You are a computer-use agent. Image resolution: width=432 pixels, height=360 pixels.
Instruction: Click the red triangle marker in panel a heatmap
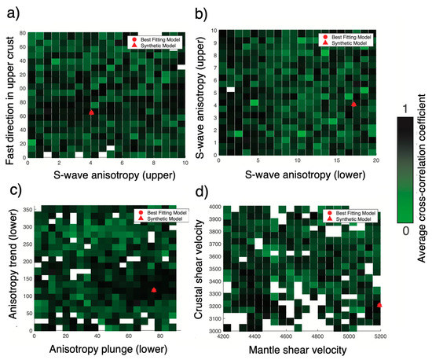pos(92,112)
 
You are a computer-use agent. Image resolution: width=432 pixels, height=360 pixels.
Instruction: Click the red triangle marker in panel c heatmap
pos(154,290)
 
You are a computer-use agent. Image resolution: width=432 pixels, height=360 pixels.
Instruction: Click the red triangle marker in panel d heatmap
pos(379,304)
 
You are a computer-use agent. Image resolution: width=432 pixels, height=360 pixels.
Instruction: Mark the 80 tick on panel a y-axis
pos(22,32)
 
